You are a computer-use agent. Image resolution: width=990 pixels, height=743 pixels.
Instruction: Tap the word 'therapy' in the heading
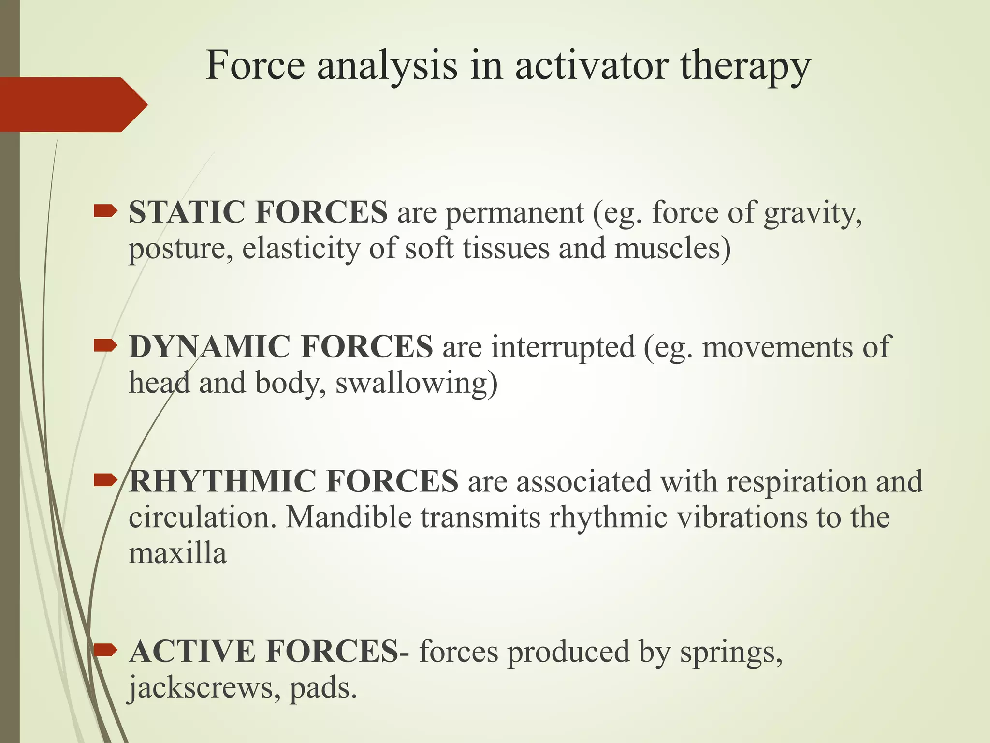tap(745, 67)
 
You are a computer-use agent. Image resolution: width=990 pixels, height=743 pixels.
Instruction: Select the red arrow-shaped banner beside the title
tap(73, 104)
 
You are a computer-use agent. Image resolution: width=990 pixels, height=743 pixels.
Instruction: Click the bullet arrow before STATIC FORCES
tap(105, 211)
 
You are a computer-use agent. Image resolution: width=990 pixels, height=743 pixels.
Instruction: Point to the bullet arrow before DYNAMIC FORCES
tap(105, 345)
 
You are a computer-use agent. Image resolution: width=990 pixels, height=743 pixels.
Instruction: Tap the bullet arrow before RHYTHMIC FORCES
tap(105, 480)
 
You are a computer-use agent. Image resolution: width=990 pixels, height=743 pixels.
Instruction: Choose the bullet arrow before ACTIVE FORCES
tap(105, 650)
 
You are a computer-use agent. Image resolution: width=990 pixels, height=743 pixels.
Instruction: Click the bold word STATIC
tap(186, 212)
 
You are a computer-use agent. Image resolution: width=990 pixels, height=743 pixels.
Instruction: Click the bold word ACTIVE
tap(192, 651)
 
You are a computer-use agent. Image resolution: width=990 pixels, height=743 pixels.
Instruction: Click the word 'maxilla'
tap(177, 553)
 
